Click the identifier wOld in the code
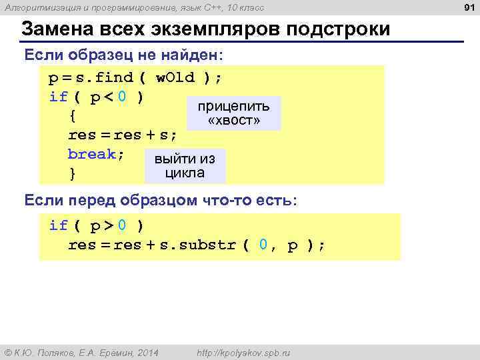pyautogui.click(x=175, y=77)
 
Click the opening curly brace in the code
pyautogui.click(x=72, y=116)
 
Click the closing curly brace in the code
pyautogui.click(x=72, y=174)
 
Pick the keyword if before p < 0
pyautogui.click(x=58, y=97)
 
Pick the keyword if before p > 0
pyautogui.click(x=58, y=225)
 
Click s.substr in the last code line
pyautogui.click(x=197, y=245)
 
